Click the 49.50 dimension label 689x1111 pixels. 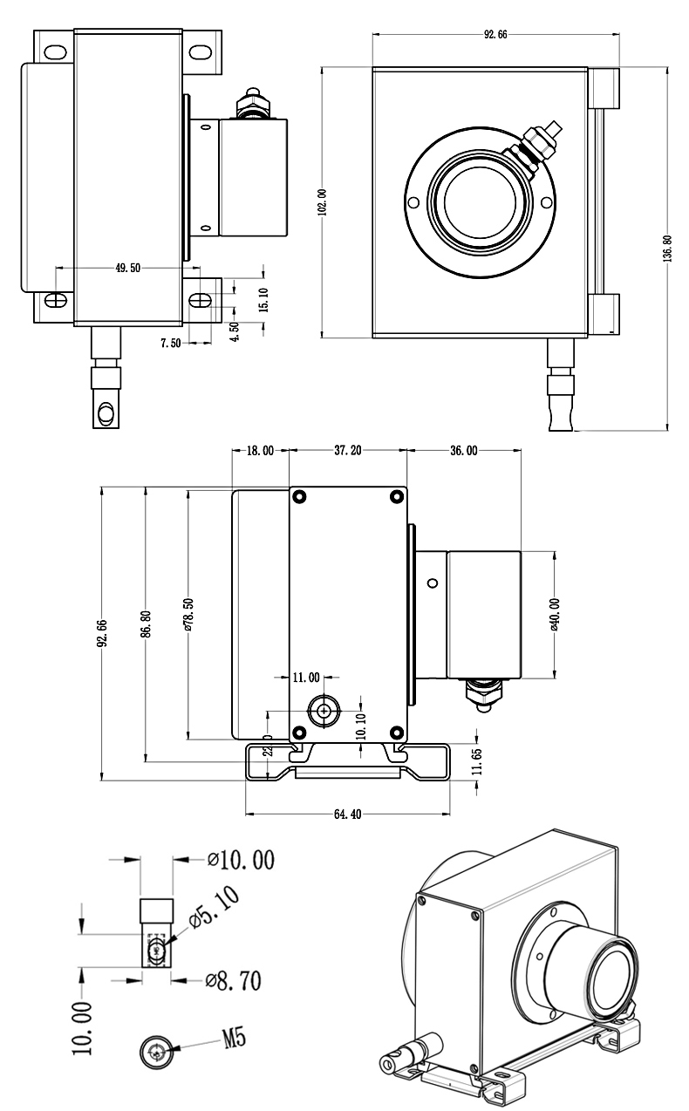click(x=127, y=269)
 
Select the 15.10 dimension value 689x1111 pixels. click(x=264, y=299)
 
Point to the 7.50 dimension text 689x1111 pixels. click(x=170, y=344)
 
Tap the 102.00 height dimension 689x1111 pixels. click(x=322, y=201)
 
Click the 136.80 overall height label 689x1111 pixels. click(x=667, y=249)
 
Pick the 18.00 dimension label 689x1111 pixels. click(x=260, y=451)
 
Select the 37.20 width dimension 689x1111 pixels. click(x=348, y=451)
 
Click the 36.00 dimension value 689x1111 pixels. click(x=463, y=451)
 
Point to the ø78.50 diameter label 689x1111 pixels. click(x=188, y=614)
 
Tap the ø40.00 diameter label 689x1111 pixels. click(x=555, y=614)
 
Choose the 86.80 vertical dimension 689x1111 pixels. click(x=146, y=624)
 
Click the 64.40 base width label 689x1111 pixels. click(x=348, y=815)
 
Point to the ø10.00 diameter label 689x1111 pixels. click(x=242, y=861)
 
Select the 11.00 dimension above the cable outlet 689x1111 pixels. click(x=305, y=677)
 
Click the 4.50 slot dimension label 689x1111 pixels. click(x=234, y=332)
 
